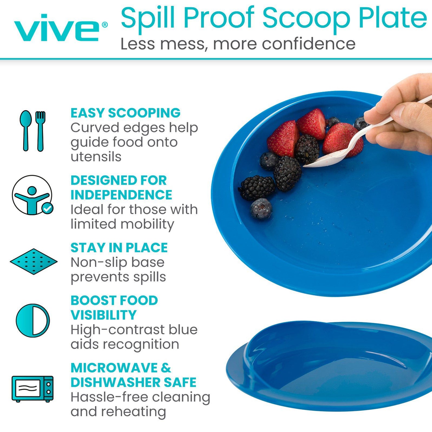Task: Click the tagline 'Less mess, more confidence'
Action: pyautogui.click(x=238, y=44)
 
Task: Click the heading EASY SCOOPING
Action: pyautogui.click(x=125, y=113)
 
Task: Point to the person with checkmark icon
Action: pyautogui.click(x=32, y=195)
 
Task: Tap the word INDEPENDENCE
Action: pyautogui.click(x=121, y=195)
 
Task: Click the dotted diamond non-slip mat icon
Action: pyautogui.click(x=34, y=261)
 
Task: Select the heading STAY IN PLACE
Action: pyautogui.click(x=119, y=248)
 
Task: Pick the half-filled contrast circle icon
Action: pyautogui.click(x=33, y=320)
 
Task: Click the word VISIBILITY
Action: pyautogui.click(x=103, y=315)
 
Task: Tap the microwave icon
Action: pyautogui.click(x=32, y=389)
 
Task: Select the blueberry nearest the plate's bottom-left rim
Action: pyautogui.click(x=261, y=208)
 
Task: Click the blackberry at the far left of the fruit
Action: pyautogui.click(x=257, y=187)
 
